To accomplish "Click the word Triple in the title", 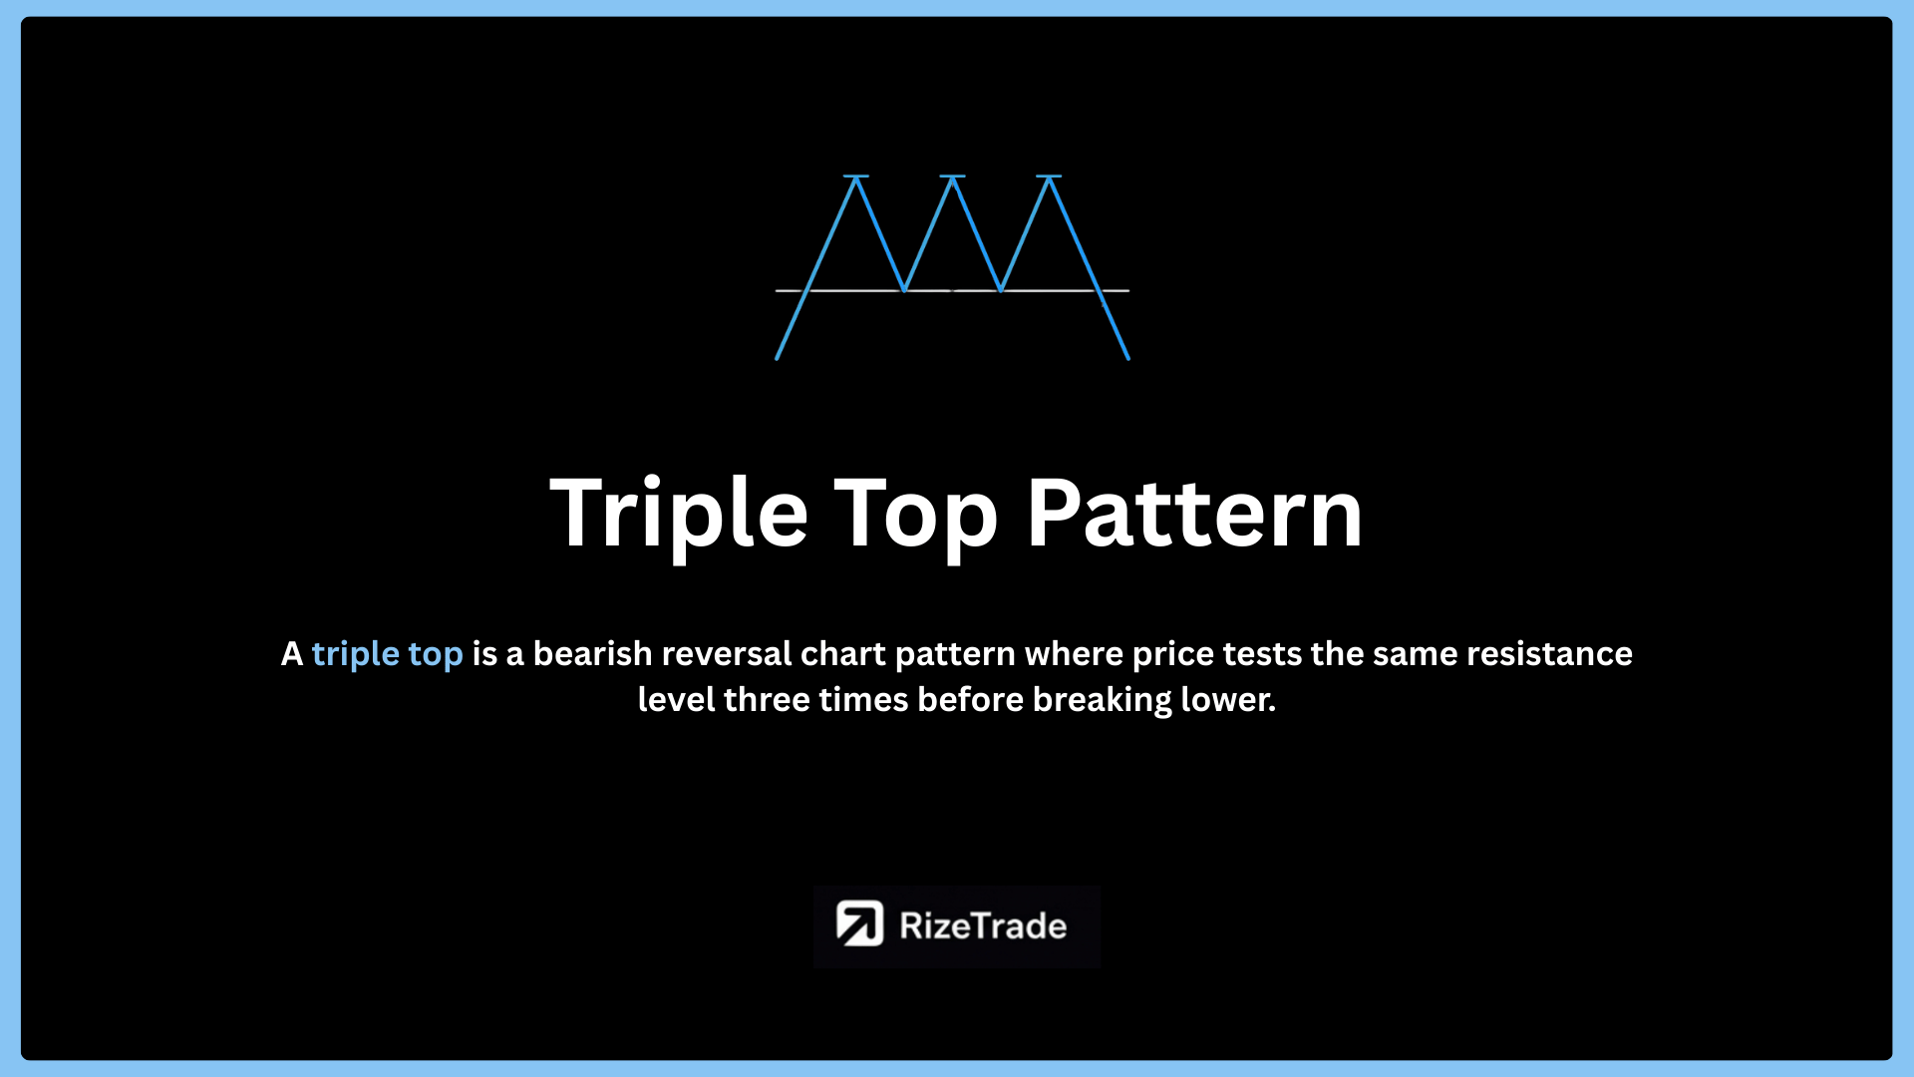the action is (x=679, y=516).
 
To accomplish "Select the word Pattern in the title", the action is (x=1194, y=513).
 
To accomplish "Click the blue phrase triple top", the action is (x=387, y=655).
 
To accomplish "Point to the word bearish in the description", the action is (x=592, y=653).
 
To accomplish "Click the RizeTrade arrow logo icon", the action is (x=859, y=923).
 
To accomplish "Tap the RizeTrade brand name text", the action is (x=983, y=925).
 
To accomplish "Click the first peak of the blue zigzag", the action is (x=856, y=178).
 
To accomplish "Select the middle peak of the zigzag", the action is (x=952, y=178).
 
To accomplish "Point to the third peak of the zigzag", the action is (x=1049, y=178).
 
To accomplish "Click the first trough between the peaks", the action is (x=904, y=290).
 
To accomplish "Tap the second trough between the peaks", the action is (x=1000, y=290).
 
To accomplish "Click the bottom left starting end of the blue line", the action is (x=778, y=358).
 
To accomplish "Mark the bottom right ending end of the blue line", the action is (x=1128, y=358).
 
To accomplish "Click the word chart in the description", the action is (x=843, y=653).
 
